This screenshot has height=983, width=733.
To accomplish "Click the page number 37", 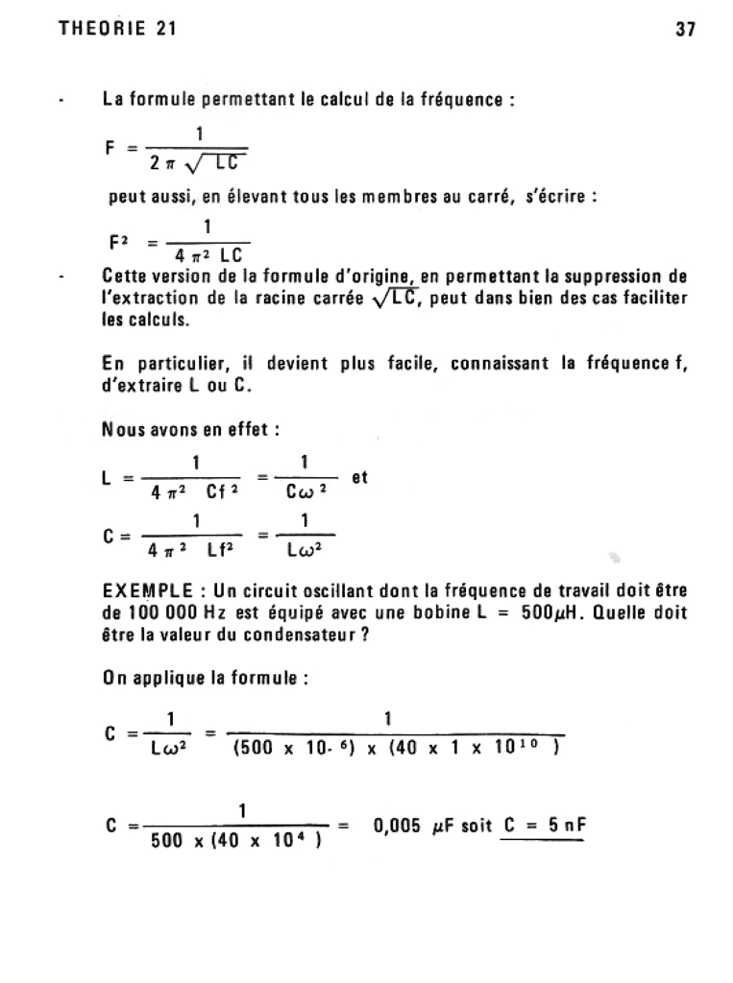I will (685, 29).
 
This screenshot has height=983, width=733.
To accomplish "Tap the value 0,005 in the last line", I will (398, 825).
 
